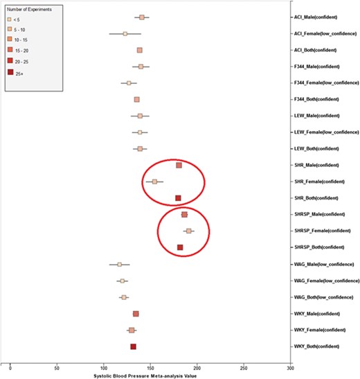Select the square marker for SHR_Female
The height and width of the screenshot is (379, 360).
(154, 182)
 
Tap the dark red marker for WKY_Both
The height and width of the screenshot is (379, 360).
(134, 346)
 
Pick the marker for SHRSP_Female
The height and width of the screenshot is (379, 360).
(188, 231)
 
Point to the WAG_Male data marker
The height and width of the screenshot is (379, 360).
(119, 264)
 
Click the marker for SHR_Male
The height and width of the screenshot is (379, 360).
(179, 165)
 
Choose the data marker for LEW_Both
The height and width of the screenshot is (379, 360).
(140, 148)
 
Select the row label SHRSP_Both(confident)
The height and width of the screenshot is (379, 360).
(321, 247)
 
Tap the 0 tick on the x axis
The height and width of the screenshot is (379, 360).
(10, 369)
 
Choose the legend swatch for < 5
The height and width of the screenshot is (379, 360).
(10, 19)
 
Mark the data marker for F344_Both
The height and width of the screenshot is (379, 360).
(137, 99)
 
